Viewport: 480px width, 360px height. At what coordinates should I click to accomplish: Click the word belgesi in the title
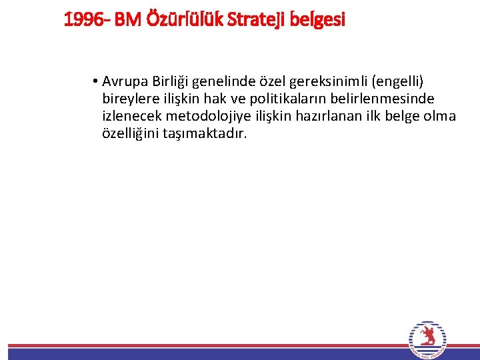coord(318,20)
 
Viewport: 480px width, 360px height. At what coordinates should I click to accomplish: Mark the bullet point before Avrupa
coord(97,82)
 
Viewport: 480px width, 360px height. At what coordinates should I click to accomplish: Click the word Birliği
coord(171,81)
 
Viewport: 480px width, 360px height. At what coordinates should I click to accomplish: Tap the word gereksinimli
coord(333,82)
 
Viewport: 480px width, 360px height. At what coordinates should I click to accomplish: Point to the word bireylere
coord(128,99)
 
